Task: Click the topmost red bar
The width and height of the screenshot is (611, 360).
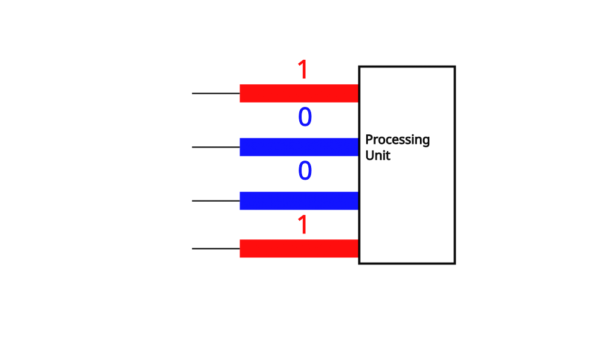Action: (299, 93)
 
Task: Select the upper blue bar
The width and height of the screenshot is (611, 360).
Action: (299, 147)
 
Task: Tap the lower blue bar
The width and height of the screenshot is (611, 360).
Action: (299, 201)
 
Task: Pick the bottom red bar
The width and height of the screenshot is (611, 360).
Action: (299, 248)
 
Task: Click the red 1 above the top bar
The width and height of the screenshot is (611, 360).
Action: (303, 70)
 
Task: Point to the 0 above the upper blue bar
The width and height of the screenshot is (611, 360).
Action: (305, 118)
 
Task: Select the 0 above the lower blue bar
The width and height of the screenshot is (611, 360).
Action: (305, 171)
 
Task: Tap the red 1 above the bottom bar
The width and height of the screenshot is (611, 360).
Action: (303, 225)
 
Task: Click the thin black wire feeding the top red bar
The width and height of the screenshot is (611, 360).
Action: (216, 93)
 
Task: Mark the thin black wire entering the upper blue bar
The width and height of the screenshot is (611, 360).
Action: (216, 147)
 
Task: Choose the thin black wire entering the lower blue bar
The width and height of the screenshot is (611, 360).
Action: (216, 201)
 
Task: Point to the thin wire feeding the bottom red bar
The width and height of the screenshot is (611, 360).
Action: (216, 248)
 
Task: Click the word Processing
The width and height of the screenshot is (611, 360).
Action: (397, 140)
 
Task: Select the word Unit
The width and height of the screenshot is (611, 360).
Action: (377, 155)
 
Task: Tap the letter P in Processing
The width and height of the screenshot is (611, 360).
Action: (369, 140)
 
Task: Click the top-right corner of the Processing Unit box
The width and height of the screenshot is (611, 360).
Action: (455, 67)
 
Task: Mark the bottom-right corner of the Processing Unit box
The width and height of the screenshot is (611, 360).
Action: (455, 263)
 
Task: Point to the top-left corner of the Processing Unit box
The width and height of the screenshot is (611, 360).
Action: (359, 67)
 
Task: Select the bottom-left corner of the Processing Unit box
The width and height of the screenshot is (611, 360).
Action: (359, 263)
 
